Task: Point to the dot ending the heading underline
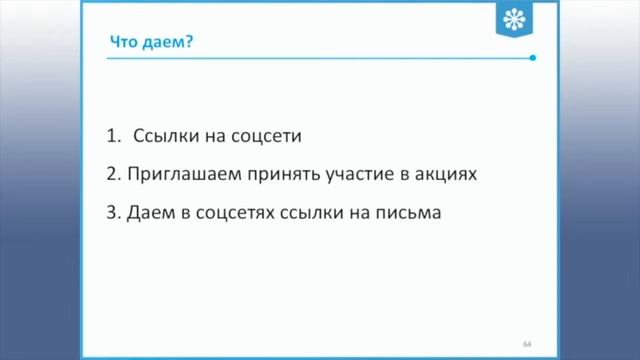click(533, 58)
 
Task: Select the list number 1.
click(110, 134)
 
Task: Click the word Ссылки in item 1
click(162, 134)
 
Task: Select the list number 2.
click(110, 173)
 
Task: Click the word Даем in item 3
click(150, 213)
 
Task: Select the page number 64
click(527, 343)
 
